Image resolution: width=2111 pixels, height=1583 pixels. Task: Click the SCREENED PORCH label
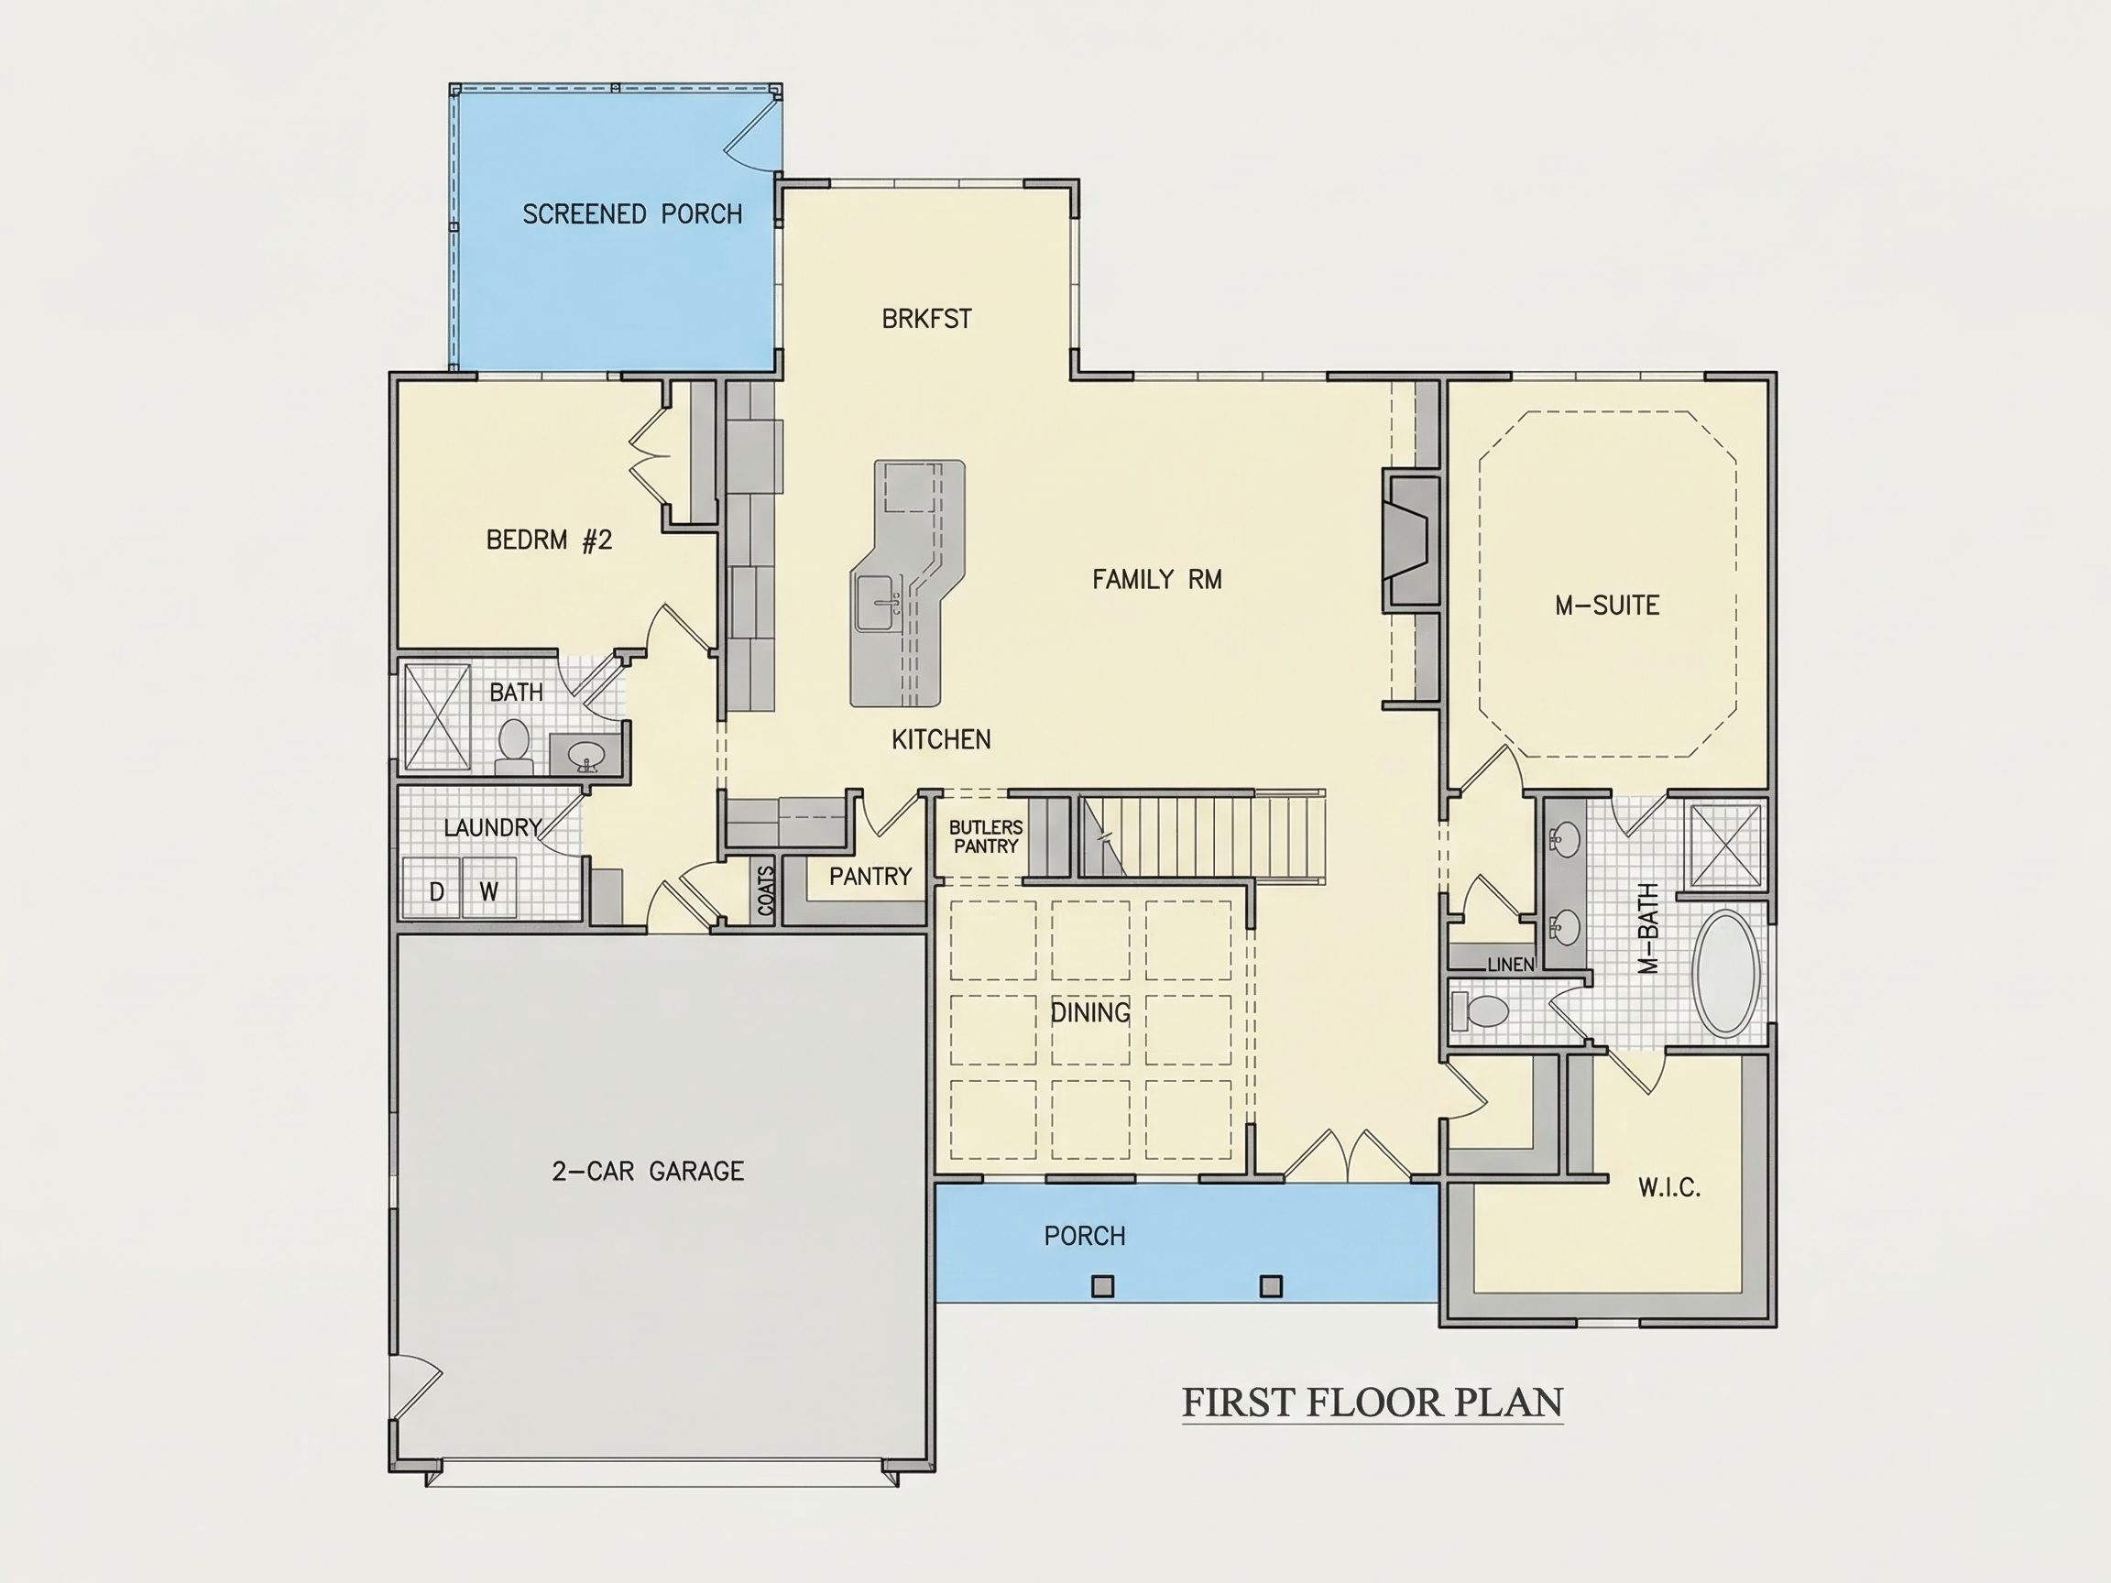click(x=632, y=213)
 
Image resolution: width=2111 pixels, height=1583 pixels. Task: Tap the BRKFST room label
click(x=926, y=319)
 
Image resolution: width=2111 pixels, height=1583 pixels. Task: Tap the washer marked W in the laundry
click(x=489, y=889)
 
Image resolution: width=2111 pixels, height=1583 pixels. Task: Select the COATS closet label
click(x=765, y=891)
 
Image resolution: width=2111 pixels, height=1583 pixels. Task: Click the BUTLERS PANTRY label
click(x=986, y=836)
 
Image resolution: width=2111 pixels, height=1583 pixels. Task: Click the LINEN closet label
click(x=1511, y=965)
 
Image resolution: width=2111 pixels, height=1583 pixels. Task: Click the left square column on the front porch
click(x=1102, y=1286)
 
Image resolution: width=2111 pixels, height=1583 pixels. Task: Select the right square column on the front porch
click(x=1270, y=1286)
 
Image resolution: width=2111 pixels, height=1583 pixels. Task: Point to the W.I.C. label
click(x=1669, y=1187)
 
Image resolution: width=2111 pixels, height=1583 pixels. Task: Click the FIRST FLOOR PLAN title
click(x=1373, y=1403)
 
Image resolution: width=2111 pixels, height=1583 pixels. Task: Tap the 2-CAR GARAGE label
click(x=648, y=1171)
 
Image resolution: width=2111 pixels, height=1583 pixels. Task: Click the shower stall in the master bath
click(x=1724, y=846)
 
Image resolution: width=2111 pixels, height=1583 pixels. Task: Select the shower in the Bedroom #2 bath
click(x=437, y=716)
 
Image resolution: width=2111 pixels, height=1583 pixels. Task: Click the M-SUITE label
click(x=1607, y=605)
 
